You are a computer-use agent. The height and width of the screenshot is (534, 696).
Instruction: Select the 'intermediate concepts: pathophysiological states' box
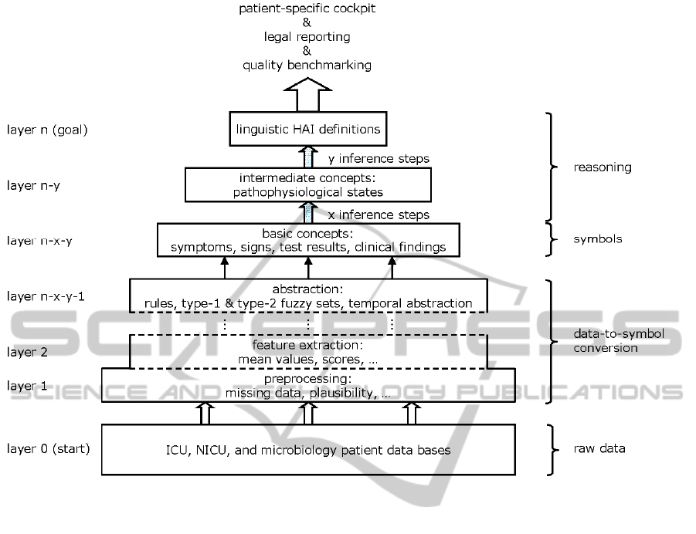click(308, 185)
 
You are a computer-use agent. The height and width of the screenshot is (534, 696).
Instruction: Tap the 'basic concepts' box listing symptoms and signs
click(308, 240)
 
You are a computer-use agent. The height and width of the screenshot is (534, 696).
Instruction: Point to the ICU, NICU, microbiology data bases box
click(308, 449)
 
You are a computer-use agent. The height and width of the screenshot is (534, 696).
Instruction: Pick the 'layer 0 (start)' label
click(48, 448)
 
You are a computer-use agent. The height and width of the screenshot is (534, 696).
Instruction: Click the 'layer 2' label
click(26, 352)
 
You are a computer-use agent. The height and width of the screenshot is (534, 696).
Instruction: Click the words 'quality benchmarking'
click(307, 65)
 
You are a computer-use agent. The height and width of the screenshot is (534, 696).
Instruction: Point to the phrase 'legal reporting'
click(307, 37)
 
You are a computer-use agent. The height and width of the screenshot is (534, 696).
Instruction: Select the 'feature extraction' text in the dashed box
click(307, 345)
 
